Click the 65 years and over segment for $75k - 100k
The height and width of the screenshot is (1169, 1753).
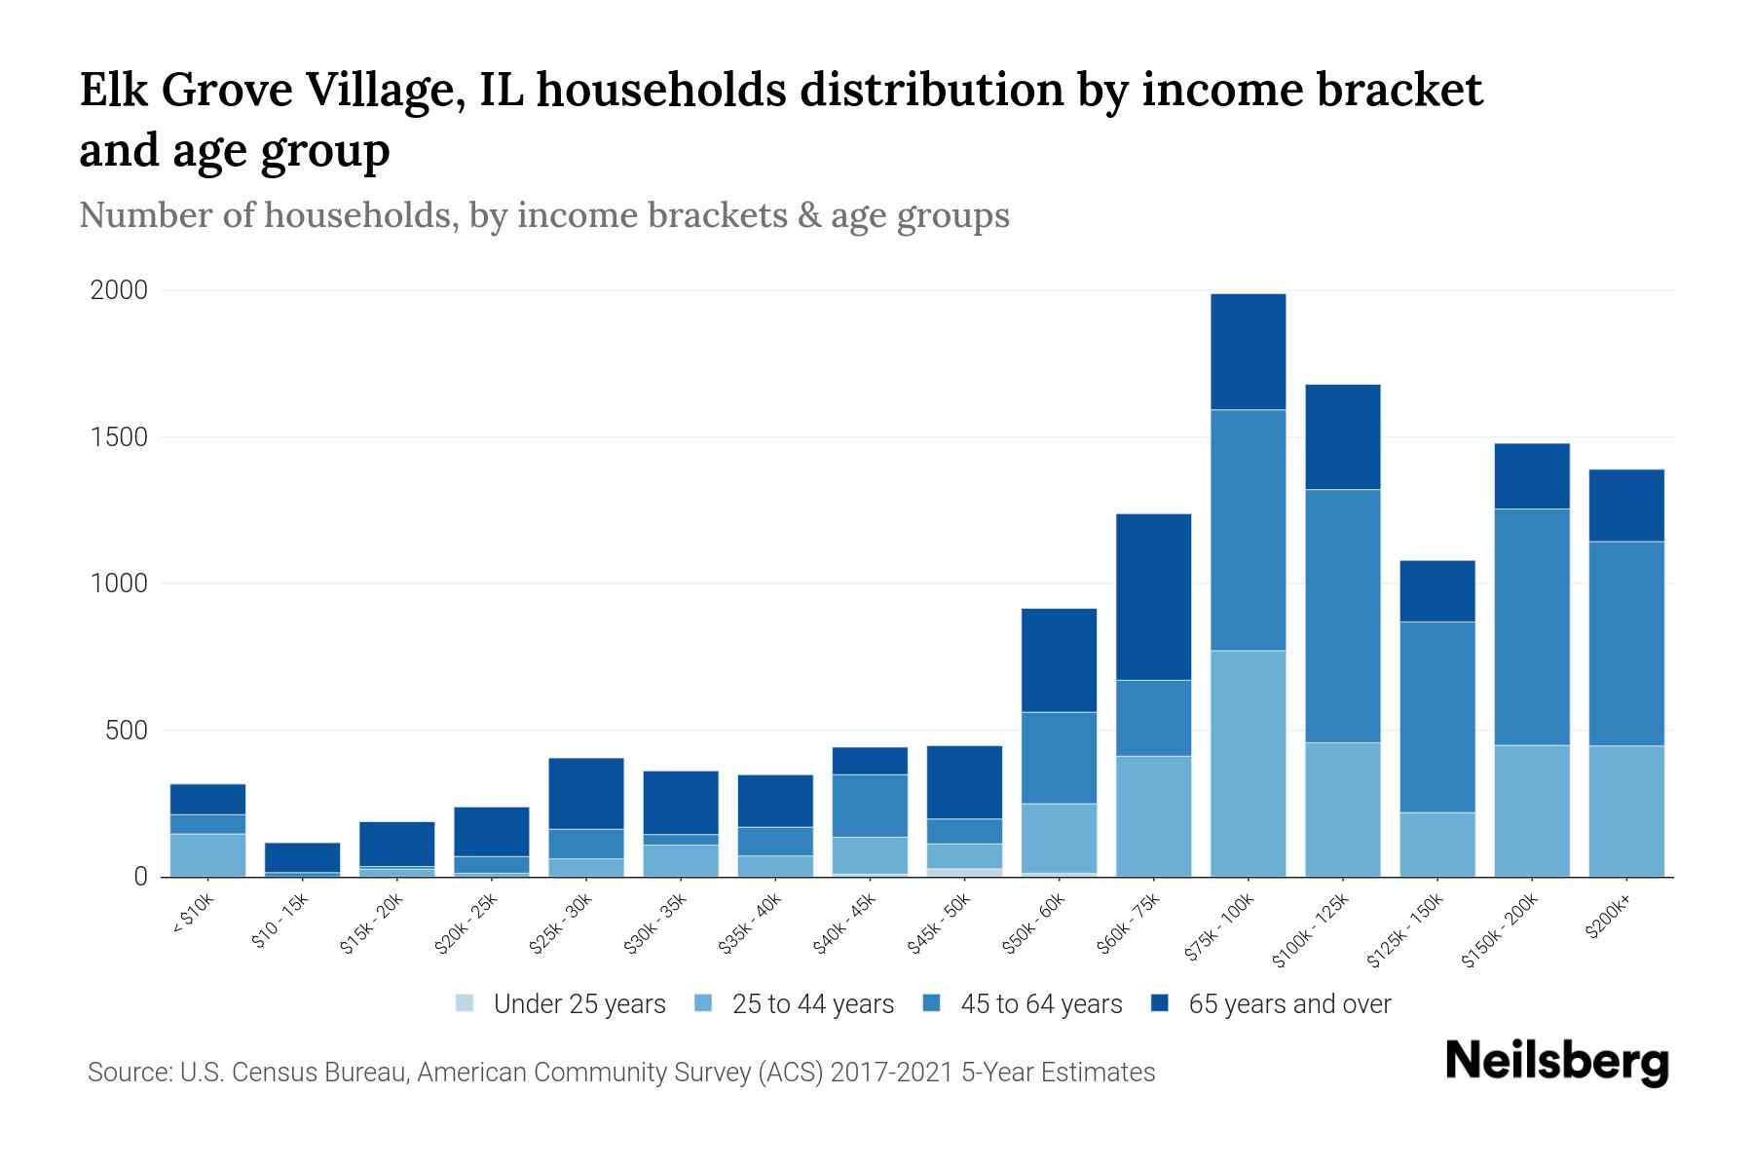1248,352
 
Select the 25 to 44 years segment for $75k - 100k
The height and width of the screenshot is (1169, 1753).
1248,763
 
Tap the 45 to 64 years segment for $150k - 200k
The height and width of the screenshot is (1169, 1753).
1532,626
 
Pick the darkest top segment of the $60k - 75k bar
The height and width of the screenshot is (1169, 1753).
1153,596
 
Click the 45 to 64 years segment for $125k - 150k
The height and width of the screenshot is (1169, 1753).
1437,717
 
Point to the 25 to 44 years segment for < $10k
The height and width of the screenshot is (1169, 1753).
207,854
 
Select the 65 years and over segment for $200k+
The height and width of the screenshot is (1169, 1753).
1626,506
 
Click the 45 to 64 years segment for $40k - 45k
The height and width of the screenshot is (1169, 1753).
870,806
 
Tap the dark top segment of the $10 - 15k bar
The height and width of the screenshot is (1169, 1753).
302,857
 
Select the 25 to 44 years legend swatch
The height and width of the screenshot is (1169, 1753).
702,1003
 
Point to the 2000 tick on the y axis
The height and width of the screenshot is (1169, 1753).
119,290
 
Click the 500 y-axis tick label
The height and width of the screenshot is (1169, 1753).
127,731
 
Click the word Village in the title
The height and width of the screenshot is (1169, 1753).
380,91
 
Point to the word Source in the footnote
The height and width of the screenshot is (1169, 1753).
129,1073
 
